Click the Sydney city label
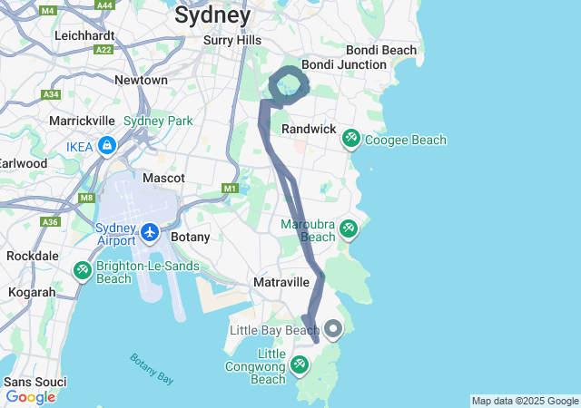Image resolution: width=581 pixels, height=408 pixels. pos(212,15)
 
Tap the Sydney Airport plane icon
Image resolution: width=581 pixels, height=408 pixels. pos(150,232)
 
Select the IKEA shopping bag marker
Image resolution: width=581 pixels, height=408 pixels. pos(107,145)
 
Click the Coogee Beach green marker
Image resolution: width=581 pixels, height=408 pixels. pos(350,140)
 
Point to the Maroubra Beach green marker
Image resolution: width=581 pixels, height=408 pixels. pos(348,230)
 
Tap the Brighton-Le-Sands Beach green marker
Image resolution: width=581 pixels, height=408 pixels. pos(82,270)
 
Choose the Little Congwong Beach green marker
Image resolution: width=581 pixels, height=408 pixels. pos(299,364)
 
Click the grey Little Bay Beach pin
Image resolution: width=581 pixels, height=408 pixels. pos(334,329)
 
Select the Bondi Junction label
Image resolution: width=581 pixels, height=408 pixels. pos(344,65)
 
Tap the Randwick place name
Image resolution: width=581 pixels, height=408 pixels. pos(308,130)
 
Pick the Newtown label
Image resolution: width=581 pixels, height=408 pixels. pos(141,80)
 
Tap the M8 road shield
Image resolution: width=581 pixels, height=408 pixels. pos(87,198)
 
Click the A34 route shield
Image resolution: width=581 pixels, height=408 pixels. pos(51,94)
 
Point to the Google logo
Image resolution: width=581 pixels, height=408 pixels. pos(30,397)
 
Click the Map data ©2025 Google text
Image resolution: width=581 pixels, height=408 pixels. pos(525,401)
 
